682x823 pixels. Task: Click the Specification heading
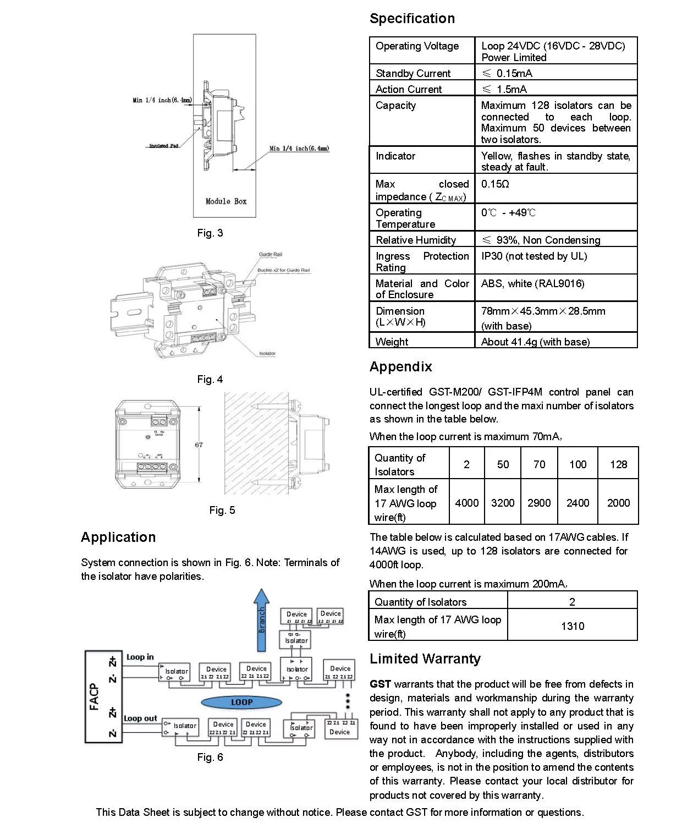pos(412,19)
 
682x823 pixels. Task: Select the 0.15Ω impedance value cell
pos(495,184)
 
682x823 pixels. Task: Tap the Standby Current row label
pos(413,73)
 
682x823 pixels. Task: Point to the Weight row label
pos(392,342)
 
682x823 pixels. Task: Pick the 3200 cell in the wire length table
pos(503,503)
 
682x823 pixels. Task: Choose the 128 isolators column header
pos(618,464)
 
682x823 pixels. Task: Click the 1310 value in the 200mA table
pos(572,626)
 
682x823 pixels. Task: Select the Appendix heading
pos(400,367)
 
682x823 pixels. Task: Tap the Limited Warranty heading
pos(425,659)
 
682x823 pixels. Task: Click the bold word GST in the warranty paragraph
pos(380,684)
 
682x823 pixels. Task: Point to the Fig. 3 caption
pos(210,233)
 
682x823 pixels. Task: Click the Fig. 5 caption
pos(222,511)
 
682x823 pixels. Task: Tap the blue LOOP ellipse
pos(241,702)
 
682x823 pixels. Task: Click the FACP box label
pos(94,696)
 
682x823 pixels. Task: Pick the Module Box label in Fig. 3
pos(226,201)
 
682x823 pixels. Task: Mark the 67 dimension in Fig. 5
pos(199,445)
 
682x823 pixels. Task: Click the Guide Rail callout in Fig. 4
pos(271,254)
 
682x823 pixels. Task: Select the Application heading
pos(118,537)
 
